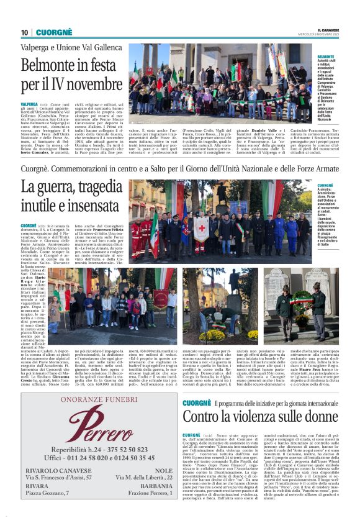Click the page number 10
(24, 32)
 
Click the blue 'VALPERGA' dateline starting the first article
(29, 104)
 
